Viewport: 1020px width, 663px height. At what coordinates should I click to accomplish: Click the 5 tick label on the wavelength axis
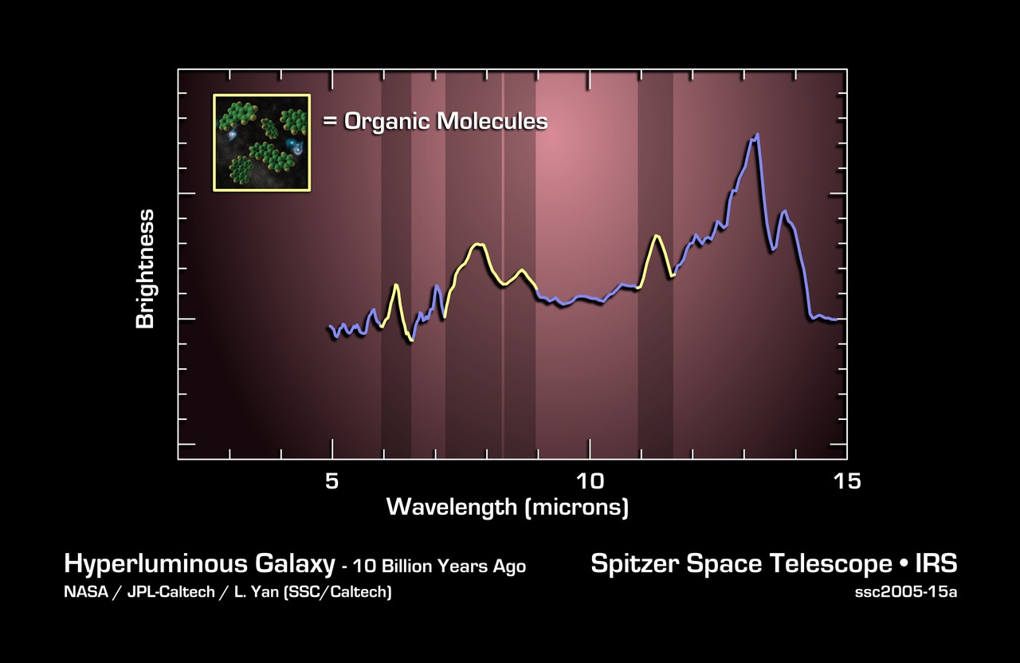[332, 481]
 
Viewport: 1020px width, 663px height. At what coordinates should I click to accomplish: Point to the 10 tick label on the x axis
[590, 481]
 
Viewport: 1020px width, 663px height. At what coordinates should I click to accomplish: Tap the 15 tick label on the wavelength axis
[847, 481]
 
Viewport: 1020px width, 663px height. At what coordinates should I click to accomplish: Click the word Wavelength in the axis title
[452, 507]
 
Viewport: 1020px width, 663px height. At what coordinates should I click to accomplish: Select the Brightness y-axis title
[145, 269]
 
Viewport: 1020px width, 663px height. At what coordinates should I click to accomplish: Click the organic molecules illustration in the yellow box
[261, 143]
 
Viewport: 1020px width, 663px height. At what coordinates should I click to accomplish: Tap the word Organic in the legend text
[384, 121]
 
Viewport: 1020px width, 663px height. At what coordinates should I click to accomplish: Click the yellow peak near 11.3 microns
[656, 236]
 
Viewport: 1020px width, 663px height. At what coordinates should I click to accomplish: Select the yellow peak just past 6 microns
[395, 284]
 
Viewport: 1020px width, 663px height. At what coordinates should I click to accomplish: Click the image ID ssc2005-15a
[905, 593]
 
